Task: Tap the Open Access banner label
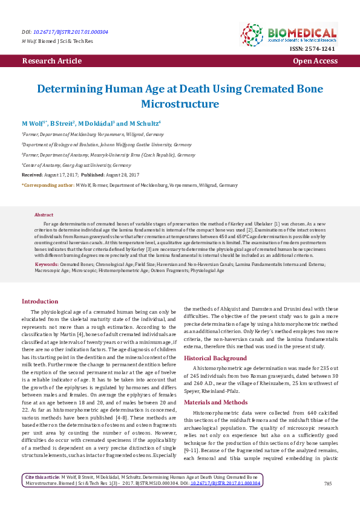(315, 61)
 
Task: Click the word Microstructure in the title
(180, 104)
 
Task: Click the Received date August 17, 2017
(67, 174)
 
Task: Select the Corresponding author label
(47, 184)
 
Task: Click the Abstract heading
(44, 215)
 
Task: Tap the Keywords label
(47, 264)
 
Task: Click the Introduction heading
(40, 300)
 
